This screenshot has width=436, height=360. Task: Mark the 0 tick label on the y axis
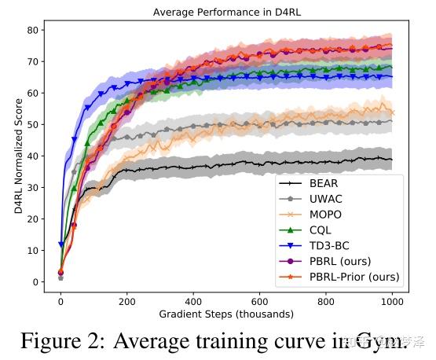pyautogui.click(x=33, y=281)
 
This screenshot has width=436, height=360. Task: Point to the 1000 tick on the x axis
pyautogui.click(x=392, y=301)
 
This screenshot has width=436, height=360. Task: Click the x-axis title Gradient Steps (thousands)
pyautogui.click(x=226, y=314)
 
